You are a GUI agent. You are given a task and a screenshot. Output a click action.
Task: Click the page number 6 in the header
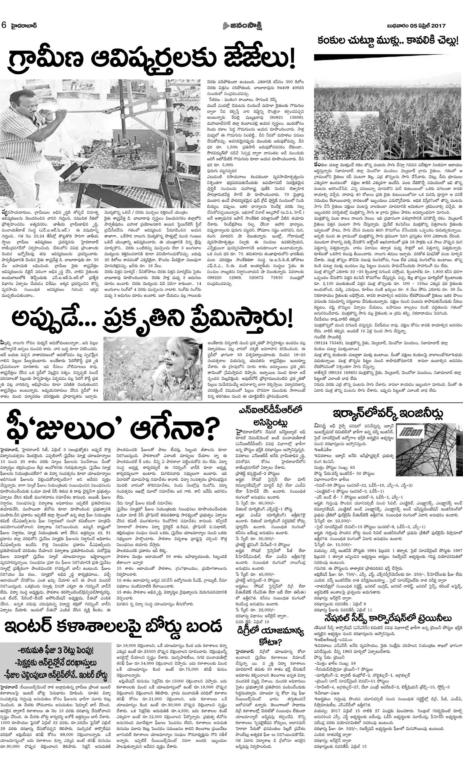(x=4, y=25)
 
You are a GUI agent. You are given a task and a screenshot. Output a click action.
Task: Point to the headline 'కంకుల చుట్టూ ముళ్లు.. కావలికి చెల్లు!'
(x=388, y=40)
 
